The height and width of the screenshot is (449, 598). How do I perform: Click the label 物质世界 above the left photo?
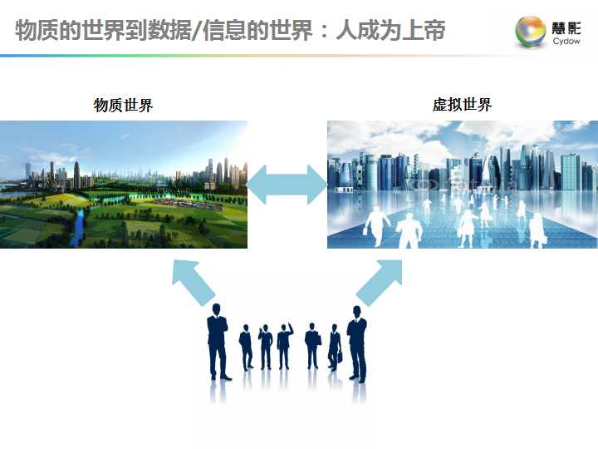123,105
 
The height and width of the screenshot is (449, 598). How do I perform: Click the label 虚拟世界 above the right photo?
463,105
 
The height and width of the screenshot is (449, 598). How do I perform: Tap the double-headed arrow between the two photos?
287,185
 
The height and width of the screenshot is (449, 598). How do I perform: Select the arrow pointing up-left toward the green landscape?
194,282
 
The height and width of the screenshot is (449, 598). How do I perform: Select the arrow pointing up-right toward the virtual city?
380,282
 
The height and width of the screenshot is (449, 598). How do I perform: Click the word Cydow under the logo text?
566,41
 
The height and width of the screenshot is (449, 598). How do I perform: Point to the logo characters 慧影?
566,28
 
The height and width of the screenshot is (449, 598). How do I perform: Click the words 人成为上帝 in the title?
390,30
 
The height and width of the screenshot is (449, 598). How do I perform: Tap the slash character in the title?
197,30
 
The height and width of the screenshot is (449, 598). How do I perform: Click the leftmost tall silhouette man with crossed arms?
218,342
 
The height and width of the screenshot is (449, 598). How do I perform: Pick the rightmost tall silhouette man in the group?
357,343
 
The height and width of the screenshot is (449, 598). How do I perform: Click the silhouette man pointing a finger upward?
285,346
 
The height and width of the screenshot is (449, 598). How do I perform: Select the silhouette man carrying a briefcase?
335,348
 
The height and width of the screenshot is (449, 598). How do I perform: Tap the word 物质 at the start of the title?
37,30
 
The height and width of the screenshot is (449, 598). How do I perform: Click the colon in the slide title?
324,32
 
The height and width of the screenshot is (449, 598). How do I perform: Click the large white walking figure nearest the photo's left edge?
376,226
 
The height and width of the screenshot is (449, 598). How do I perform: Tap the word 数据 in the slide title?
169,30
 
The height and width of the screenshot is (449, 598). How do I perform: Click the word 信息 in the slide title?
224,30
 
